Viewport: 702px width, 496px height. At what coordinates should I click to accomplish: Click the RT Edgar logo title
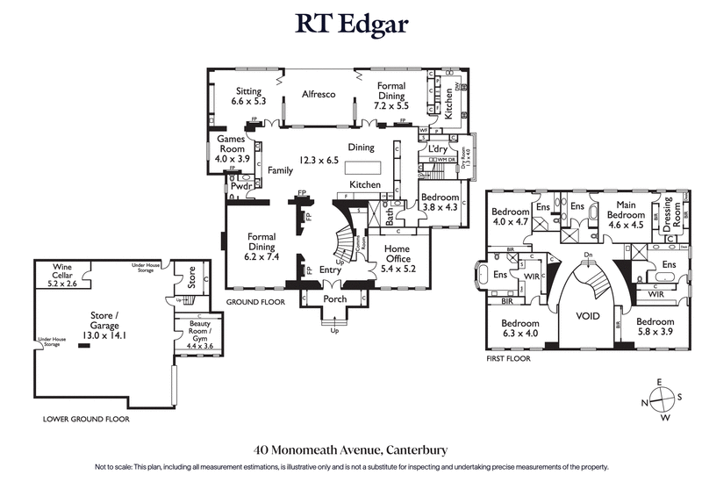(351, 24)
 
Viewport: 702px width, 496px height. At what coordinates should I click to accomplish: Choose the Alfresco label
(319, 94)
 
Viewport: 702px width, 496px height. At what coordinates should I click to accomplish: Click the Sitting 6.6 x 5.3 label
(248, 96)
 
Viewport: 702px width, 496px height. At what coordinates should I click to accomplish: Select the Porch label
(335, 299)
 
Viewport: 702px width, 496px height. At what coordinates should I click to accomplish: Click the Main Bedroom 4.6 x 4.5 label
(627, 219)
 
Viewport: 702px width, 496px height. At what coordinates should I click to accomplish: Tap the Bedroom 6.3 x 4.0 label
(519, 327)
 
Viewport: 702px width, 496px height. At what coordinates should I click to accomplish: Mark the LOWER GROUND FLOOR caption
(86, 420)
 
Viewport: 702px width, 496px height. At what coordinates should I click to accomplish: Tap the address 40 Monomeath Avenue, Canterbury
(351, 449)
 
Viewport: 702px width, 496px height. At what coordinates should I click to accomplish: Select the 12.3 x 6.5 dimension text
(319, 161)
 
